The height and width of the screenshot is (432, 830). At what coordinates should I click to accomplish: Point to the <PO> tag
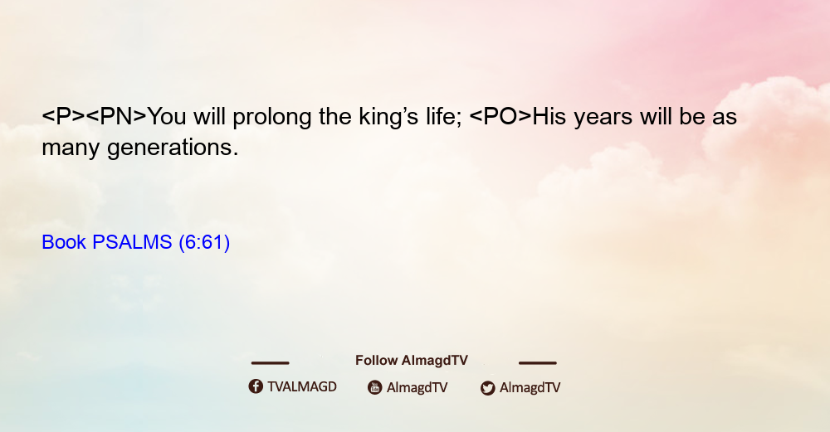click(x=500, y=117)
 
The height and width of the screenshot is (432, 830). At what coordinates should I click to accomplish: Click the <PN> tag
click(x=116, y=117)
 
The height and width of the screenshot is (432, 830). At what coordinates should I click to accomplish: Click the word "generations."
click(x=173, y=148)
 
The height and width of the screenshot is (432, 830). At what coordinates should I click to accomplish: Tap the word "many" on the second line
click(x=71, y=149)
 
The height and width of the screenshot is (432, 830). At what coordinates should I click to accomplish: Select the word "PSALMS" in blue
click(x=132, y=242)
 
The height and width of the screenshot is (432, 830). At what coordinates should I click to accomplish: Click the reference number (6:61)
click(x=204, y=243)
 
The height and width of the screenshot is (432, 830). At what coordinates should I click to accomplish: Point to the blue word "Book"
click(x=64, y=242)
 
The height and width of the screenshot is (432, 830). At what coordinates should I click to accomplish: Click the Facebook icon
click(x=256, y=386)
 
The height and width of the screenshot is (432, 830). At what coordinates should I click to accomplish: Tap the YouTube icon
click(x=375, y=387)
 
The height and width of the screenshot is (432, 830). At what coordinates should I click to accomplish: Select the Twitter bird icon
click(x=487, y=388)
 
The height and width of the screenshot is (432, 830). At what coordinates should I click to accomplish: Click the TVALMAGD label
click(x=302, y=387)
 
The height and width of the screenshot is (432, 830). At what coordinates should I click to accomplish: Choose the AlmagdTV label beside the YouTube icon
click(x=417, y=388)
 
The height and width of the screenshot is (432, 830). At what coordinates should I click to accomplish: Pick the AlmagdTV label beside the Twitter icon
click(x=530, y=388)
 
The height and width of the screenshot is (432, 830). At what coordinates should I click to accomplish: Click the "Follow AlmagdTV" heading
click(x=412, y=361)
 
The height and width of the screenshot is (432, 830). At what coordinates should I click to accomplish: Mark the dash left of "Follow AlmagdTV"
click(x=270, y=363)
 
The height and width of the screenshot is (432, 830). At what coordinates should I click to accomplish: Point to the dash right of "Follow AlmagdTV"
click(x=538, y=363)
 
